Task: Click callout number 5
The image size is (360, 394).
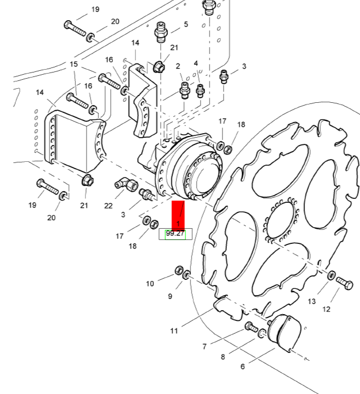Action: click(186, 25)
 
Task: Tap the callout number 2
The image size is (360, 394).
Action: click(178, 66)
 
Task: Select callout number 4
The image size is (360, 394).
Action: click(196, 63)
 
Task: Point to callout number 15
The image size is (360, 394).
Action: click(74, 65)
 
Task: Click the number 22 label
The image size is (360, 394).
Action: click(108, 206)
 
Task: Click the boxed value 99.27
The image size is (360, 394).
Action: click(175, 234)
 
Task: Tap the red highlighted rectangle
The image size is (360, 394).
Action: click(178, 215)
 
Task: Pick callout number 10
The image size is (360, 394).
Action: click(150, 284)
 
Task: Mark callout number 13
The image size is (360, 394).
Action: click(312, 302)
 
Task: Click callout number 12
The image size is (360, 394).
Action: click(326, 309)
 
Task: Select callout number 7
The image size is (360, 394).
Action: click(204, 346)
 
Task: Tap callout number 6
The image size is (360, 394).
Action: click(243, 366)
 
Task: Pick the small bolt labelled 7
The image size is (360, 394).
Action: click(250, 327)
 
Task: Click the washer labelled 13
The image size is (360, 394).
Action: click(331, 275)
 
